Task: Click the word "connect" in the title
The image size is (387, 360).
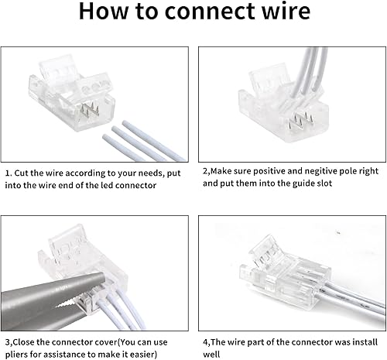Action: pos(197,13)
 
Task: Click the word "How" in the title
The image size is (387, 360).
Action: pos(105,13)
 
